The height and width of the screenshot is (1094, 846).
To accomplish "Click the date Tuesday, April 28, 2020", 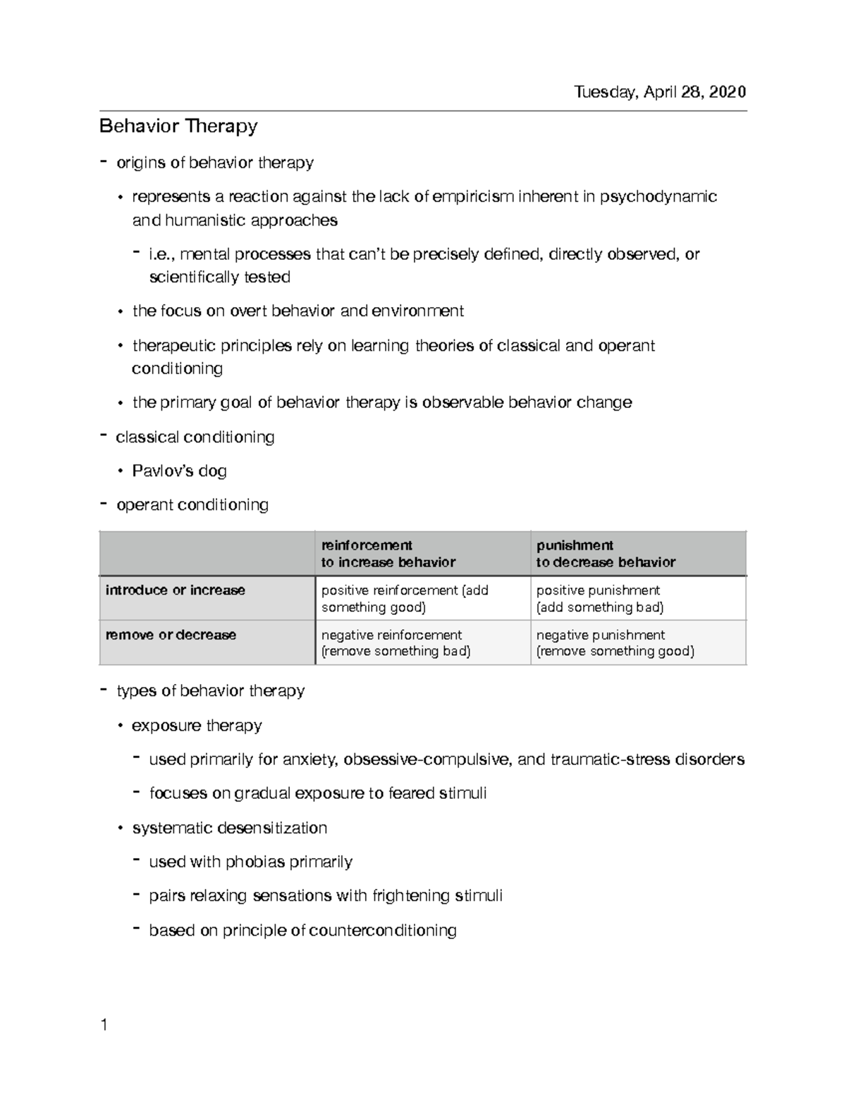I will [659, 92].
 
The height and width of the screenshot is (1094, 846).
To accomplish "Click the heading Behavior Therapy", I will [178, 127].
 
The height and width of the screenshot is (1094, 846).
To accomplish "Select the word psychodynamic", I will [658, 197].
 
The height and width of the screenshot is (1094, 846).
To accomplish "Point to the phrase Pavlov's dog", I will [179, 471].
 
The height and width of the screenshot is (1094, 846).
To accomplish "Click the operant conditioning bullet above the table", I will [192, 505].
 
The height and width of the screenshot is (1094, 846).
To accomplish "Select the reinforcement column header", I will [388, 554].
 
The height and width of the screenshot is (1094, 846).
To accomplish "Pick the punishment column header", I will [605, 554].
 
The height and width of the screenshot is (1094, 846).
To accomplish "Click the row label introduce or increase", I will [176, 590].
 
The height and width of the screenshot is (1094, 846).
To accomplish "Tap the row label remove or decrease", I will [171, 635].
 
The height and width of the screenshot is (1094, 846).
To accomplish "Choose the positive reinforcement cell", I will [405, 599].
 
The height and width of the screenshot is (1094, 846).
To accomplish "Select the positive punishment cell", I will [599, 599].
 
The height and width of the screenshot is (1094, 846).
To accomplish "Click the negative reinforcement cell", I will [396, 642].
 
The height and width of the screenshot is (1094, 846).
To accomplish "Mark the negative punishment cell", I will [615, 642].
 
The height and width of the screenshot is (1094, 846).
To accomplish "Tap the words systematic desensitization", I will [229, 828].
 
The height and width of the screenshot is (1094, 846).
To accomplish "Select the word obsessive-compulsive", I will [428, 759].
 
